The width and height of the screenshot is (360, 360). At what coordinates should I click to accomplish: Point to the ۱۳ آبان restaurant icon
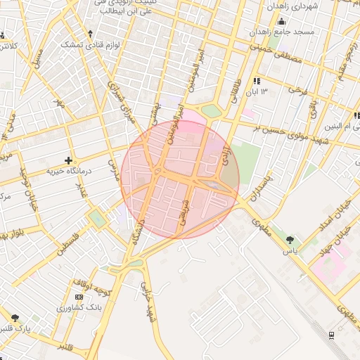click(x=255, y=82)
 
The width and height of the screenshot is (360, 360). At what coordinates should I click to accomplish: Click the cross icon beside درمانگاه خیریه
click(x=68, y=160)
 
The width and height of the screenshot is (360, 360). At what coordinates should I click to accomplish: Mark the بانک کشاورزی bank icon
click(x=79, y=297)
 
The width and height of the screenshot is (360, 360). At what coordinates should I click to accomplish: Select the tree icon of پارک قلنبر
click(x=15, y=318)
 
